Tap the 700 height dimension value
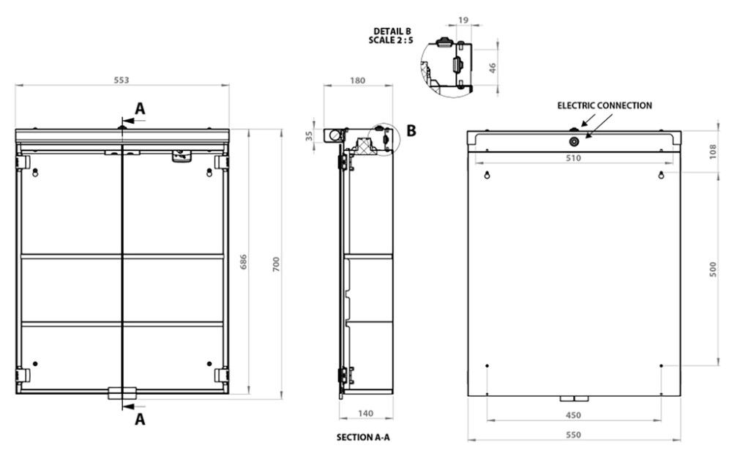[x=276, y=265]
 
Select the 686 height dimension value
[x=244, y=265]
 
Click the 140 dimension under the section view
[x=367, y=414]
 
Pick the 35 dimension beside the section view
[x=309, y=135]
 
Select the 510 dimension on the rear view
[x=573, y=157]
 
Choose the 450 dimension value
[x=573, y=415]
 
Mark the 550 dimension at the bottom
[x=573, y=435]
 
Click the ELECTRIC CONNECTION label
[x=605, y=105]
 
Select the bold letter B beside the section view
[x=411, y=131]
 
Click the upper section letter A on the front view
[x=140, y=108]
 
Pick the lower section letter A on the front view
[x=140, y=420]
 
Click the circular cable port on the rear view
[x=574, y=141]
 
